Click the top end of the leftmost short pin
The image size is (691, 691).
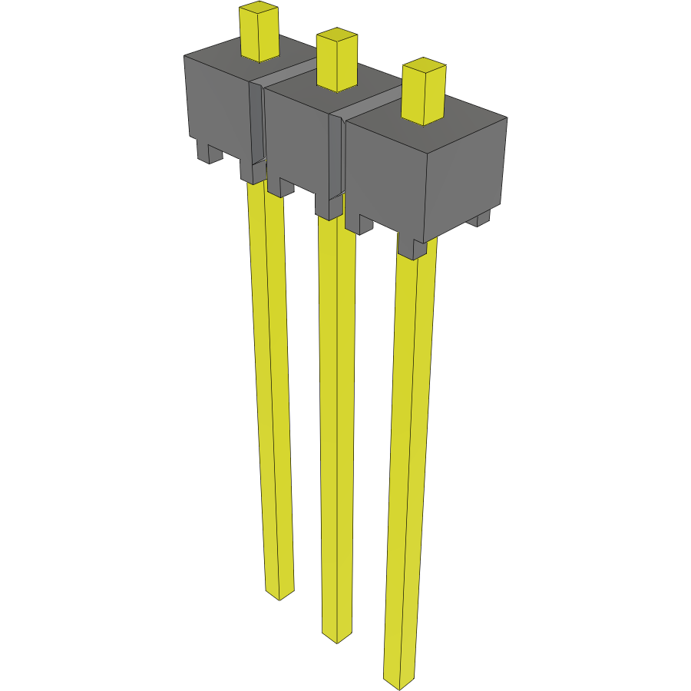tap(258, 10)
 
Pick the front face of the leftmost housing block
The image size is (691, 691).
tap(217, 104)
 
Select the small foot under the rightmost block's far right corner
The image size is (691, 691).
tap(479, 220)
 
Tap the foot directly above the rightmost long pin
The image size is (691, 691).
tap(412, 247)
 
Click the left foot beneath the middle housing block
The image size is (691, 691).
tap(281, 187)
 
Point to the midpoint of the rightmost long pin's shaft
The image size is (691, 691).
tap(410, 461)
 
